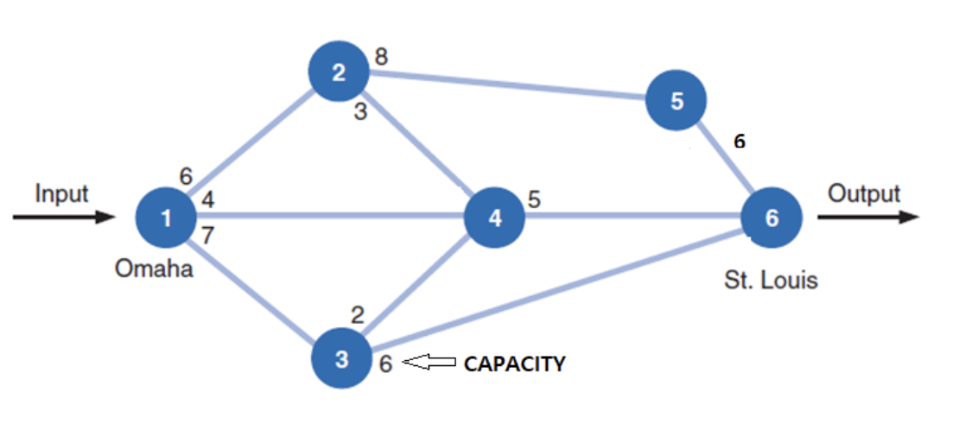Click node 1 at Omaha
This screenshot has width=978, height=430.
click(x=166, y=218)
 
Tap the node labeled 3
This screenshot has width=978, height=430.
click(x=341, y=358)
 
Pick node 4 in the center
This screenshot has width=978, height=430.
click(x=494, y=218)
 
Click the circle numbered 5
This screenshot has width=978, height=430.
click(x=676, y=100)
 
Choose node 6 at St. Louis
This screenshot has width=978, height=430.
click(x=771, y=218)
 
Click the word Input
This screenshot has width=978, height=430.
click(x=61, y=194)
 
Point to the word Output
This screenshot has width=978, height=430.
click(x=864, y=194)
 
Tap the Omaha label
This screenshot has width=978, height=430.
click(x=154, y=269)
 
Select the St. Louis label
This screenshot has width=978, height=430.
click(x=770, y=280)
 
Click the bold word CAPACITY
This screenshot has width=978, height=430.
click(x=515, y=364)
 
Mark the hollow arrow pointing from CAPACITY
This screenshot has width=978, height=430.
click(x=429, y=364)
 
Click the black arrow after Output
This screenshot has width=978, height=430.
click(x=867, y=217)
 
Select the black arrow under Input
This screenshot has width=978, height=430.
click(x=63, y=217)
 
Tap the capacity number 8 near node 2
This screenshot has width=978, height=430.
click(x=381, y=57)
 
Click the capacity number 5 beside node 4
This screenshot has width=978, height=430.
click(x=534, y=199)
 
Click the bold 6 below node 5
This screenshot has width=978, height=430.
click(x=739, y=142)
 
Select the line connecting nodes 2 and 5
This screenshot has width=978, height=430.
click(x=510, y=85)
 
